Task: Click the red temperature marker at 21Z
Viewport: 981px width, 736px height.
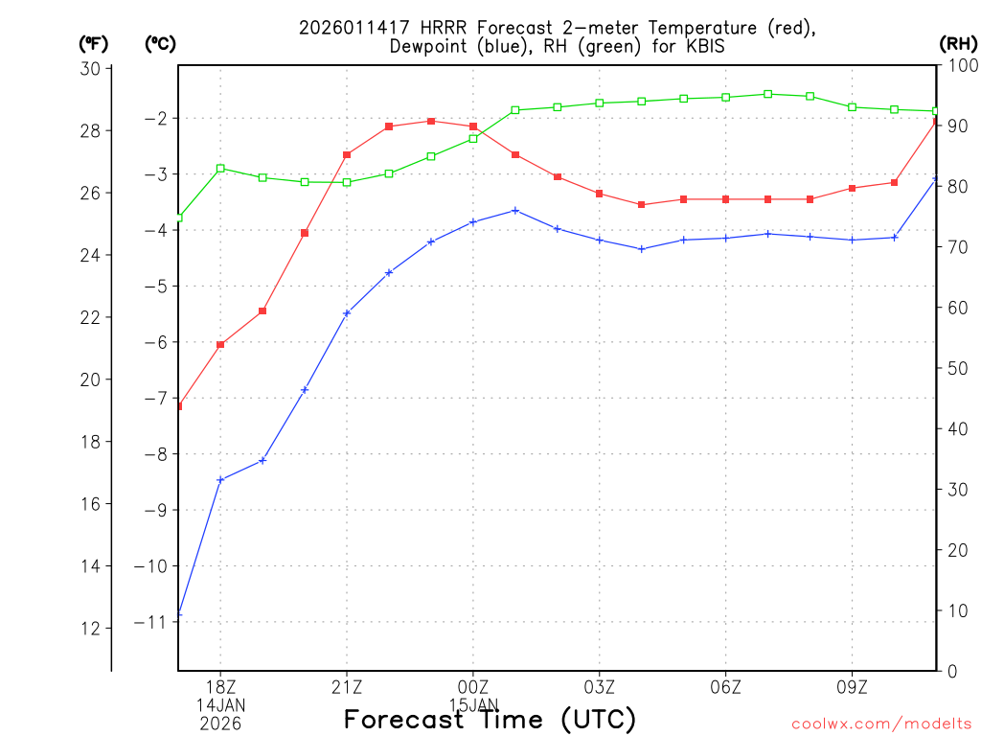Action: click(347, 154)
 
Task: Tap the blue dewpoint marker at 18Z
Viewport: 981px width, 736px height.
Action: click(220, 479)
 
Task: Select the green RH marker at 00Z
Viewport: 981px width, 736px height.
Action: click(473, 139)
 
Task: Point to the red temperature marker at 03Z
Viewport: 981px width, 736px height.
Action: click(600, 194)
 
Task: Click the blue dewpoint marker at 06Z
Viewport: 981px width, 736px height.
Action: click(726, 238)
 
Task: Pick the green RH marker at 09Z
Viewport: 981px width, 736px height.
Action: click(853, 106)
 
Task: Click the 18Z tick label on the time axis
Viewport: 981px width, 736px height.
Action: click(220, 687)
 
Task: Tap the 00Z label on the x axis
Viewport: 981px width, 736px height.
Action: click(473, 687)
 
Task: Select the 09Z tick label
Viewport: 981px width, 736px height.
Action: click(853, 687)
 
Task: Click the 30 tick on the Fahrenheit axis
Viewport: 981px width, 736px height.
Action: click(91, 68)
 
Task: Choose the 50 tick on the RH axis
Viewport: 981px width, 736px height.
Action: click(956, 368)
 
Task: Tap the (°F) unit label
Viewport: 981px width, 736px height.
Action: click(94, 43)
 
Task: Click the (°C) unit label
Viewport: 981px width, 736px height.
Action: click(160, 43)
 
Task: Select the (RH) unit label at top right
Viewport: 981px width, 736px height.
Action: click(957, 43)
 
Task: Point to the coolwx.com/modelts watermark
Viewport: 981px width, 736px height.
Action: click(881, 724)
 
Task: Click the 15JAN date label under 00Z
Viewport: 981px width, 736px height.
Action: click(473, 704)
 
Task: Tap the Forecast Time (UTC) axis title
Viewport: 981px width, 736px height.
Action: click(490, 719)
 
